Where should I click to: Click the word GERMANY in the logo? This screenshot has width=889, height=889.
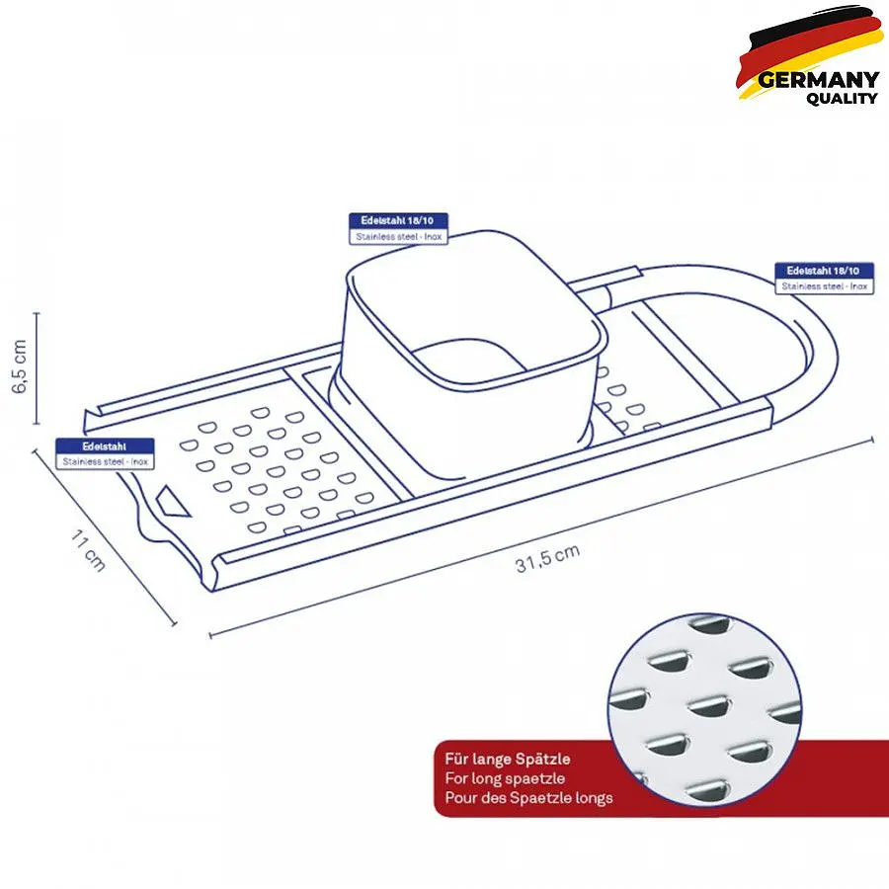click(x=818, y=79)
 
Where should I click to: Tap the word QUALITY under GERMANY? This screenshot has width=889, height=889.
click(x=842, y=99)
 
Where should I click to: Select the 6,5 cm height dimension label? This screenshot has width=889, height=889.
click(x=20, y=366)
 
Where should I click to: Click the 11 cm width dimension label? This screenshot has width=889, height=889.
click(x=88, y=550)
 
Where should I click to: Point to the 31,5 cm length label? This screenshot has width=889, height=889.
click(x=547, y=558)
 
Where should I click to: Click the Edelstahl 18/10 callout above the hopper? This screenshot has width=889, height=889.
click(x=398, y=228)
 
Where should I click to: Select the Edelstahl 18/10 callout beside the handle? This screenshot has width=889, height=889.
click(x=824, y=279)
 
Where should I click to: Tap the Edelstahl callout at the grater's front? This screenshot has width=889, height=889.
click(x=105, y=453)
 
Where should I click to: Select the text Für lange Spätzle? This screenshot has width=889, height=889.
click(x=508, y=759)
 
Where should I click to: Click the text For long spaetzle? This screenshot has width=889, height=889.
click(x=505, y=778)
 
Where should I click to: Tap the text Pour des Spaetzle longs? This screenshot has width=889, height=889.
click(x=528, y=798)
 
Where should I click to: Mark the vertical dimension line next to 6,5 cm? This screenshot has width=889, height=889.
click(x=37, y=368)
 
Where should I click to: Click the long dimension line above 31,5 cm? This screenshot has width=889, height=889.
click(x=541, y=537)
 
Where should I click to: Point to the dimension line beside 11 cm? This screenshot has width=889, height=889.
click(x=105, y=537)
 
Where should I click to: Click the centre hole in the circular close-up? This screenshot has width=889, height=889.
click(x=708, y=707)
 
